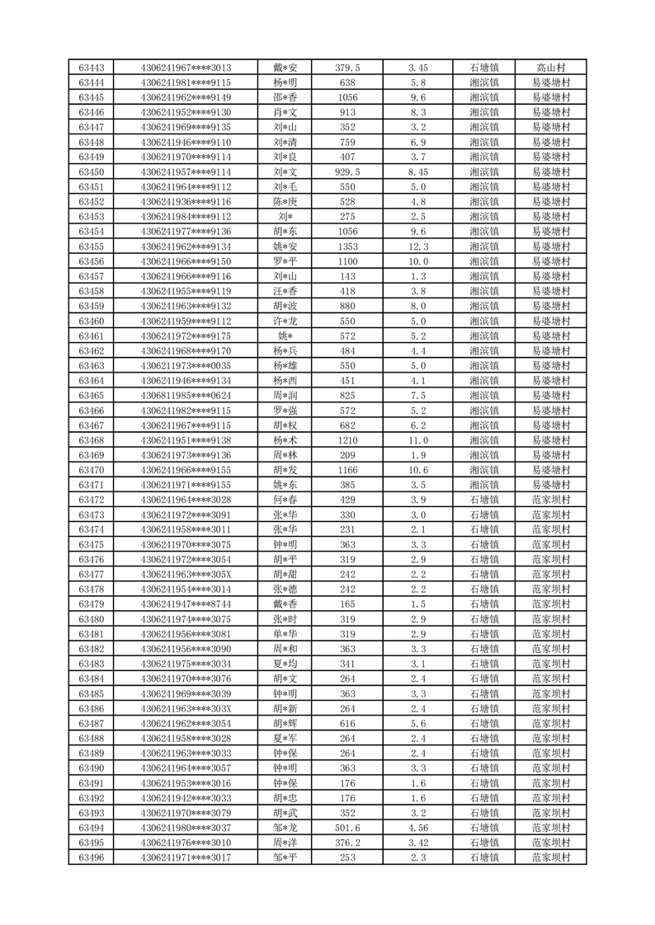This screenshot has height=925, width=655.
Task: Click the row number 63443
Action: (91, 68)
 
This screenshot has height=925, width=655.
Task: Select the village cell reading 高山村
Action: (550, 68)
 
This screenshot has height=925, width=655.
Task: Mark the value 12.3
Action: (417, 247)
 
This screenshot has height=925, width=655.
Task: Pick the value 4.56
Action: (417, 828)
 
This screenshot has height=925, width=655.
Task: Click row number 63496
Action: (91, 857)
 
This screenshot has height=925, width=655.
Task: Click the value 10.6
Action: (417, 470)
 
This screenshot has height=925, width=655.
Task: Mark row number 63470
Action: (91, 470)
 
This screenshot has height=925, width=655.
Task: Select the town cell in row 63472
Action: (483, 500)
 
